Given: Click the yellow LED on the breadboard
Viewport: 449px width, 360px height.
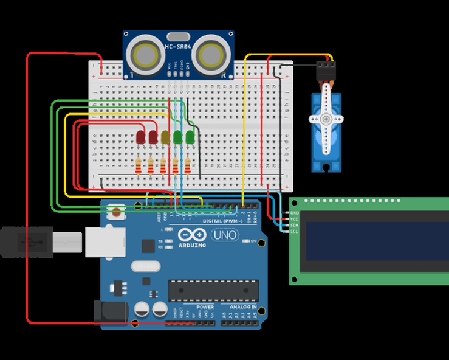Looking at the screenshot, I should (x=165, y=137).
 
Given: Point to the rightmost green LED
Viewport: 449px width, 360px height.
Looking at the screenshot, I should (x=190, y=136).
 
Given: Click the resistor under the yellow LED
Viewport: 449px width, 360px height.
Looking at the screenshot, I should (x=163, y=165).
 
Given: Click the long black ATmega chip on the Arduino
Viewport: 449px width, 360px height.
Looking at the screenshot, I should (x=213, y=291).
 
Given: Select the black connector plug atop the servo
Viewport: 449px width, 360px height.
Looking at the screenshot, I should (x=326, y=72).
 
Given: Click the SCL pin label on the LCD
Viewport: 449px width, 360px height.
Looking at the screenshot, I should (x=295, y=232).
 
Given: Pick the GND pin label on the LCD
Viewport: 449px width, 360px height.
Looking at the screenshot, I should (x=295, y=213).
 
